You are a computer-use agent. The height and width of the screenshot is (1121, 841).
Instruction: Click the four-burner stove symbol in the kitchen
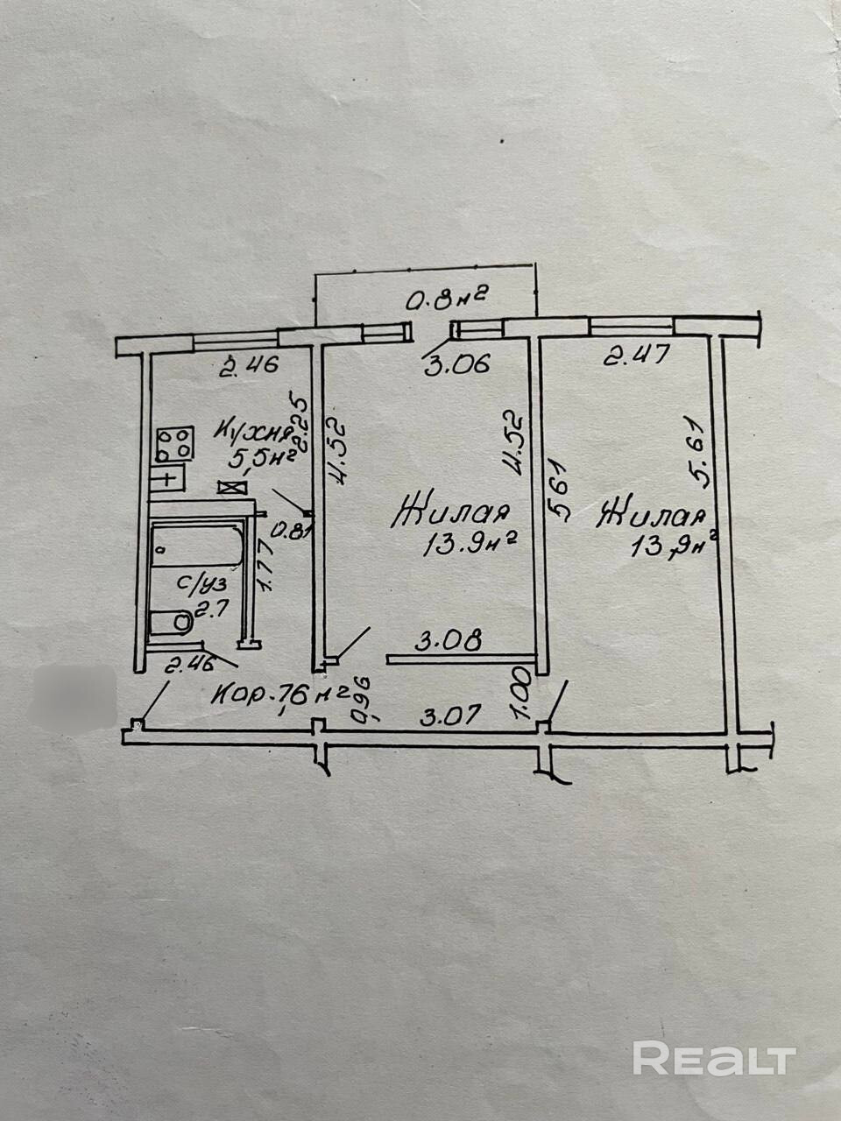(175, 442)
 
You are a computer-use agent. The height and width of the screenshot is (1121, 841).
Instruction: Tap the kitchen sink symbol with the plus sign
(166, 478)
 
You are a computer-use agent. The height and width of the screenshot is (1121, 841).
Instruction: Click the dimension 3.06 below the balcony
(456, 363)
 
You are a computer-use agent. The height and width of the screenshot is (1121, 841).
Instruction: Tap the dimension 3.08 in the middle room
(449, 642)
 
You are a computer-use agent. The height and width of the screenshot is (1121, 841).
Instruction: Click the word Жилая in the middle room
(453, 512)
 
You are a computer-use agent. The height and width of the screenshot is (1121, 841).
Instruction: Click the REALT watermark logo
(714, 1059)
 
